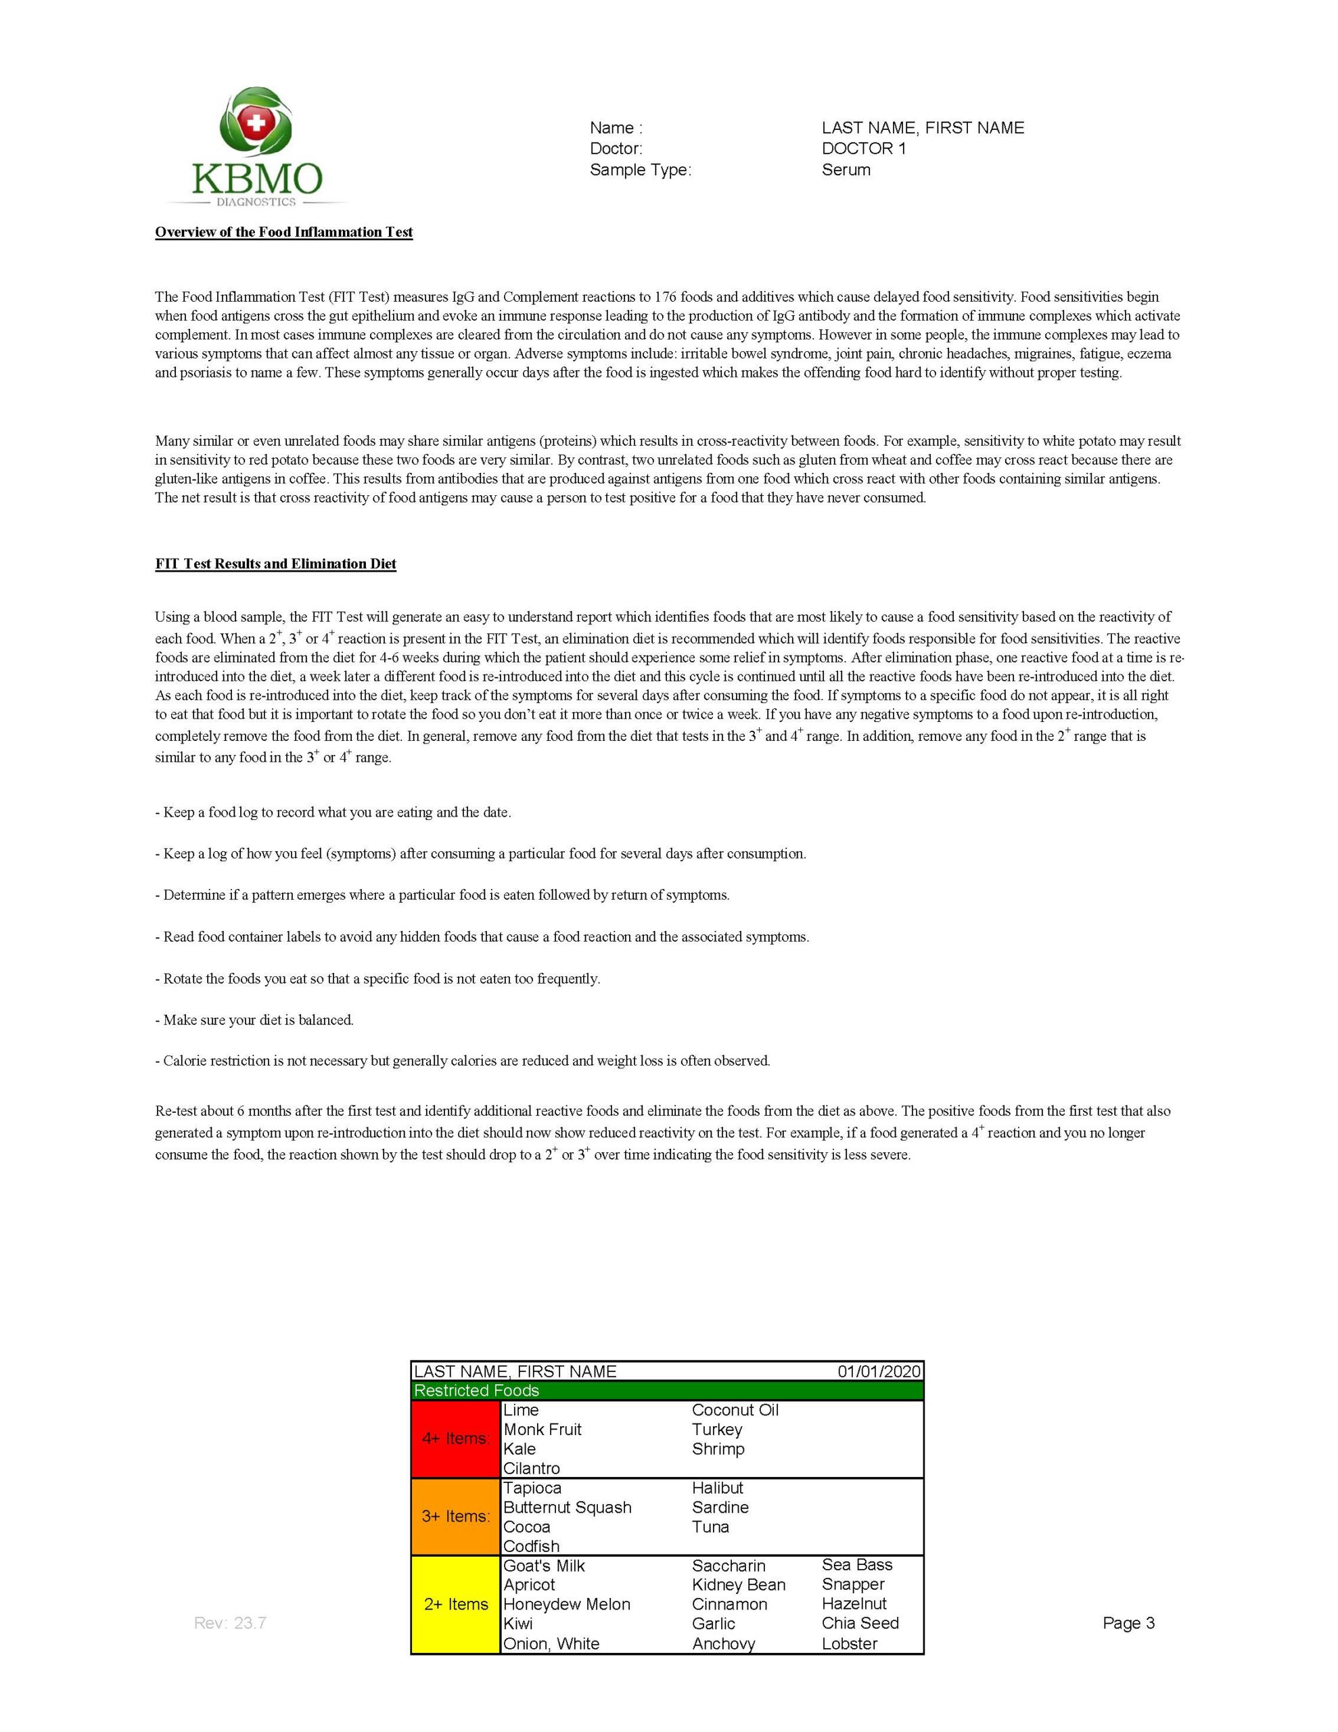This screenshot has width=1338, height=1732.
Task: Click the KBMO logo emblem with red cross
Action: tap(256, 124)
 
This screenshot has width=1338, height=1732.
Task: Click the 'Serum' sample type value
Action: tap(846, 170)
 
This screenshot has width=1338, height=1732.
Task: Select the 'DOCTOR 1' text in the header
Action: tap(863, 149)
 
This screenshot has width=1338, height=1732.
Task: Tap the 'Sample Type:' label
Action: tap(640, 170)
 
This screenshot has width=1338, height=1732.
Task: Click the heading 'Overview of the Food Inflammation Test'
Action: tap(284, 232)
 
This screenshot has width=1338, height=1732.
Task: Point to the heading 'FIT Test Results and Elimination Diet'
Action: tap(275, 564)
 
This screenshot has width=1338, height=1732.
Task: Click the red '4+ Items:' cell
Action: tap(455, 1438)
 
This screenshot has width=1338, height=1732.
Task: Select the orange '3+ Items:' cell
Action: tap(455, 1516)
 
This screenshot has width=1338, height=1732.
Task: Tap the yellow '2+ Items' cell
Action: tap(455, 1604)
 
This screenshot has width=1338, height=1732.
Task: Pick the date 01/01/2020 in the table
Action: tap(879, 1371)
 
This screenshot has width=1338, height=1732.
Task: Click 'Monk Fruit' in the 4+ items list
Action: tap(543, 1429)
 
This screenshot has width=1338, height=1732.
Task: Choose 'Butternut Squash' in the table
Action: tap(567, 1507)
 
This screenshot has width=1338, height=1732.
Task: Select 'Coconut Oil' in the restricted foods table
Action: tap(735, 1410)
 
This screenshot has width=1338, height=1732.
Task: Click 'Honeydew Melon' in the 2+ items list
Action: tap(566, 1604)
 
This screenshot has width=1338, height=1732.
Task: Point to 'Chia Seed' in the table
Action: tap(860, 1622)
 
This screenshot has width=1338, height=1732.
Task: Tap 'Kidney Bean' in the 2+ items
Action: tap(739, 1585)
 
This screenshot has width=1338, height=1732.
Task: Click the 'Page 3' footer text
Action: tap(1128, 1622)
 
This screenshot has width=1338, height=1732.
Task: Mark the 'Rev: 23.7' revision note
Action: tap(230, 1622)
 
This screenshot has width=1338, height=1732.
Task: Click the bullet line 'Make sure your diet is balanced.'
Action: tap(258, 1020)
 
